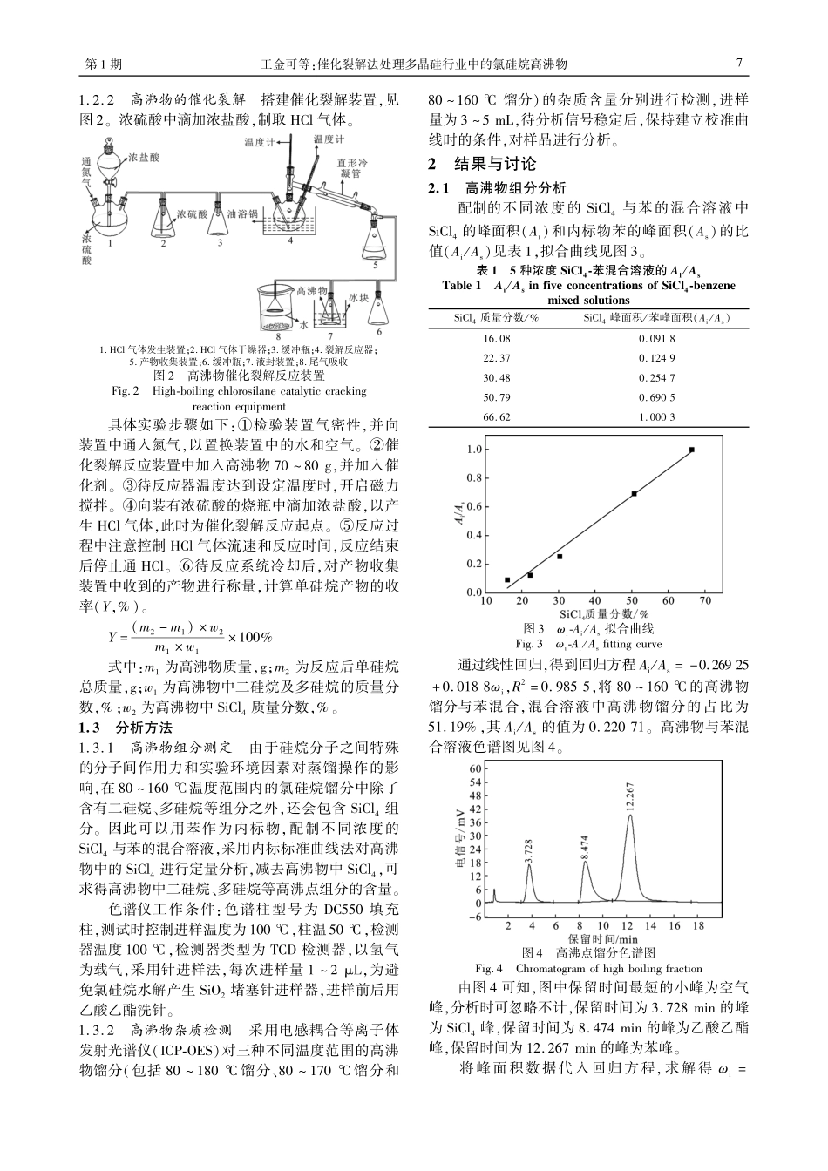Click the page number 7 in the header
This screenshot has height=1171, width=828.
coord(739,64)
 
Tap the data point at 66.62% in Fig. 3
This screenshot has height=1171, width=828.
coord(692,450)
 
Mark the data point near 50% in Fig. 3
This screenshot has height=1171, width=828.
coord(634,493)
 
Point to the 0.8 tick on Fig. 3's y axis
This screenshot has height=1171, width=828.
coord(474,477)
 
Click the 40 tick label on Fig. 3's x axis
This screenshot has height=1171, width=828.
coord(594,601)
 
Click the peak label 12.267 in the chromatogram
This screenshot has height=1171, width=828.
coord(630,798)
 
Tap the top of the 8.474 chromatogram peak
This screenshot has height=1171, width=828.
coord(585,862)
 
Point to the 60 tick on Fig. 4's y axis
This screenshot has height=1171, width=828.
coord(475,768)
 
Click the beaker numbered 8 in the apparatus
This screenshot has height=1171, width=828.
coord(277,310)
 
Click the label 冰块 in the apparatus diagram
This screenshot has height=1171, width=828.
coord(359,297)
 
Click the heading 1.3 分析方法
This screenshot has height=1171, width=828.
coord(126,727)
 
